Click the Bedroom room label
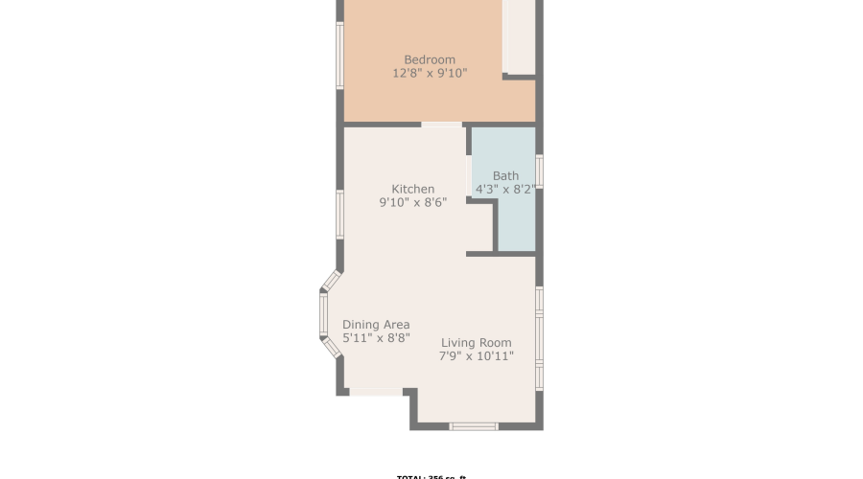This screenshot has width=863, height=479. click(430, 59)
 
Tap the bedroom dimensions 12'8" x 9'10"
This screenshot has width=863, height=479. click(430, 73)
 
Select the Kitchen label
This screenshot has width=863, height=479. click(413, 189)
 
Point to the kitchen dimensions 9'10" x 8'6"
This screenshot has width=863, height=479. click(413, 202)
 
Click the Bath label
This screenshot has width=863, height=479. click(505, 175)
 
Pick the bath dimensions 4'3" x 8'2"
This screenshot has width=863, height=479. click(505, 190)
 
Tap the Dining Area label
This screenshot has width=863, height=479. click(376, 324)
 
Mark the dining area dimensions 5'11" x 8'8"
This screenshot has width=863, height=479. click(376, 338)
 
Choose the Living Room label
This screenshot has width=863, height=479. click(477, 343)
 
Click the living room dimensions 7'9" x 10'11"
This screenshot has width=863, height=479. click(477, 356)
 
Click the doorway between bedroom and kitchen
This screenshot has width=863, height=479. click(441, 125)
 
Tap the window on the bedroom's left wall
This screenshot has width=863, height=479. click(339, 55)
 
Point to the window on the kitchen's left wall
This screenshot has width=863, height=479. click(339, 214)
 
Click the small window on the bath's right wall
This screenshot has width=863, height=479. click(539, 171)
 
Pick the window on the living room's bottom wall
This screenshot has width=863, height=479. click(474, 425)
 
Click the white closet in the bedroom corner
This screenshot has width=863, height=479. click(519, 36)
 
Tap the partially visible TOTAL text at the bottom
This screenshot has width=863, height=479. click(431, 475)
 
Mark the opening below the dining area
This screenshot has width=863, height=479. click(376, 391)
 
